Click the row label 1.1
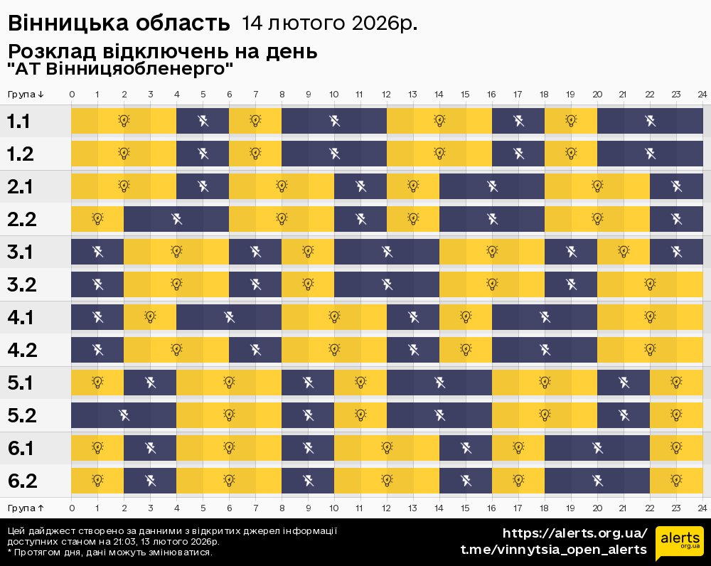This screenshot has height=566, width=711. coord(18,121)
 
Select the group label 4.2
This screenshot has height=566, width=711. coord(21,350)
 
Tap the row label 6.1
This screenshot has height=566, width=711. coord(21,448)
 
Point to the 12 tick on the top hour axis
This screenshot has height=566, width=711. coord(386,95)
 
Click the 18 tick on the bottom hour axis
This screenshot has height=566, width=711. coord(544,508)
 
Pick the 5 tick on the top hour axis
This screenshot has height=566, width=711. coord(203,95)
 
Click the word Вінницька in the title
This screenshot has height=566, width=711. coord(60,23)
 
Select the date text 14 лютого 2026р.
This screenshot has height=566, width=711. coord(329,23)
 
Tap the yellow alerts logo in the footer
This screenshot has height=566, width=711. coord(679,544)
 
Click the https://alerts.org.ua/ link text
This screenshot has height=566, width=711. coord(575,533)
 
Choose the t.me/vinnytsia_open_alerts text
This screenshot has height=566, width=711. coord(554,550)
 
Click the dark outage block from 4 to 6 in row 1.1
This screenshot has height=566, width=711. coord(203,121)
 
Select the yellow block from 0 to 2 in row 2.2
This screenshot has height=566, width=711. coord(97,219)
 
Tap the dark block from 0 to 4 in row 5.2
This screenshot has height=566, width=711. coord(124,415)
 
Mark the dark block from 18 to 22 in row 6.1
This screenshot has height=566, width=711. coord(597,448)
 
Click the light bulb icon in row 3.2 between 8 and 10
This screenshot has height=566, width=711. coord(308,284)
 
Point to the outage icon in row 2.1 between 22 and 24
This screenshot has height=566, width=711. coord(676,186)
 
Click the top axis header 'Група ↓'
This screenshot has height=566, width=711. coord(26,95)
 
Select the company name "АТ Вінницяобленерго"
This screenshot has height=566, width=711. coord(120,70)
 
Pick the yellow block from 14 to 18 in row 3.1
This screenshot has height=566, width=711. coord(491,252)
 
